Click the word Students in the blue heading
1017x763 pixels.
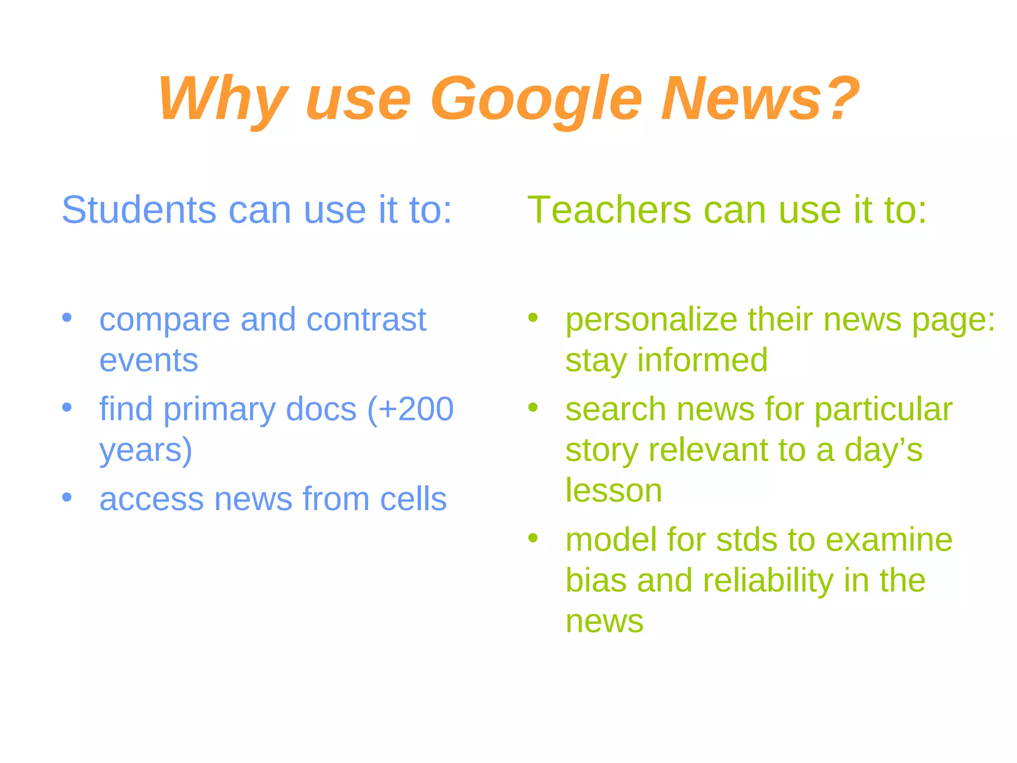[x=139, y=210]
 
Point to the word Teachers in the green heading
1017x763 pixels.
[x=609, y=210]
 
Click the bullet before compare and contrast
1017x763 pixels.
[x=67, y=317]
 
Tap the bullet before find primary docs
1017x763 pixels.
[x=67, y=407]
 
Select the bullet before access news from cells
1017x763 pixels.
[x=67, y=497]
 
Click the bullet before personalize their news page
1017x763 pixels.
[x=533, y=317]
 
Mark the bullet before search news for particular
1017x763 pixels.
[x=533, y=407]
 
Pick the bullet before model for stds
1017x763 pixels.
[x=533, y=537]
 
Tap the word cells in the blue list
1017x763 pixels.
[x=413, y=499]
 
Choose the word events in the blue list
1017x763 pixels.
[x=148, y=360]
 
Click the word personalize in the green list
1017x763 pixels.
[x=651, y=320]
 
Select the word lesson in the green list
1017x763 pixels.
[x=614, y=490]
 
